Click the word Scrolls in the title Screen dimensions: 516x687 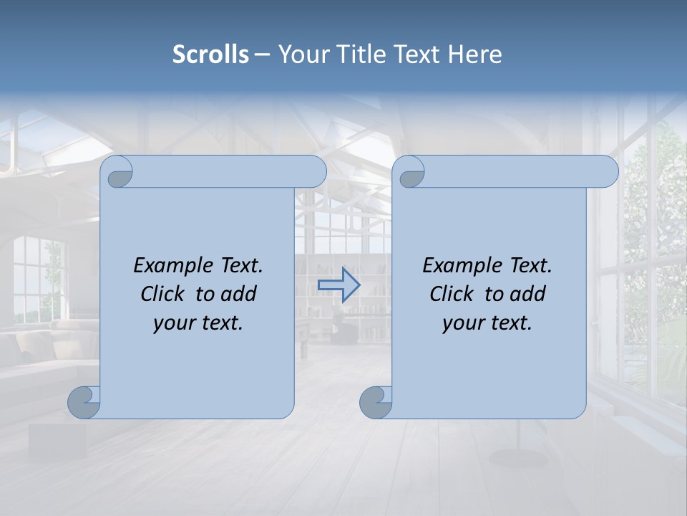point(210,54)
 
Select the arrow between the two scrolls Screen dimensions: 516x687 point(338,285)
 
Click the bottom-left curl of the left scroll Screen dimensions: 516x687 point(84,402)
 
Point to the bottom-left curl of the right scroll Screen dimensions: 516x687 point(376,402)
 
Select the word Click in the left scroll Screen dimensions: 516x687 point(163,294)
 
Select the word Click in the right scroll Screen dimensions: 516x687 point(452,294)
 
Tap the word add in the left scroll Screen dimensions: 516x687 point(240,294)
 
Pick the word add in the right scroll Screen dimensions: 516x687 point(529,294)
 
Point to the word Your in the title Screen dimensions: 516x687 point(301,54)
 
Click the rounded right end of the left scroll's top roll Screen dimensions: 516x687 point(315,172)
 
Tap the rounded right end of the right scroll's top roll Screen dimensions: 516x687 point(607,172)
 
